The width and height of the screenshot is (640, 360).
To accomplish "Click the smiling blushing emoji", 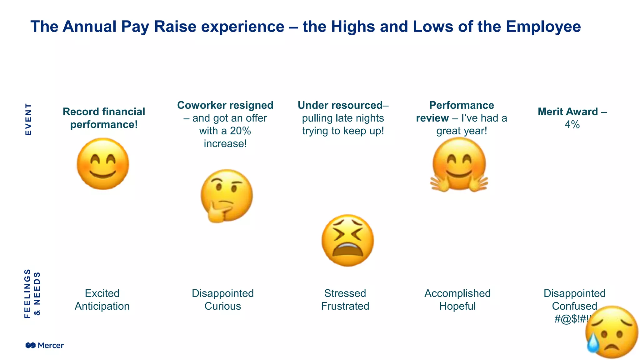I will pyautogui.click(x=103, y=164).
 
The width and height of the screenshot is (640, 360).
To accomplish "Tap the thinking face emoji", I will pyautogui.click(x=227, y=195).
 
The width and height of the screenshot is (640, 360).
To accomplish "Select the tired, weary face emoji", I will pyautogui.click(x=347, y=240).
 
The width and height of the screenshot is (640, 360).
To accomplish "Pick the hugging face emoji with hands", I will pyautogui.click(x=459, y=164).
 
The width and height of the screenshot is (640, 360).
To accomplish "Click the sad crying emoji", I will pyautogui.click(x=612, y=332).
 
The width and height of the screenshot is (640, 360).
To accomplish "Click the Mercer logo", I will pyautogui.click(x=45, y=345).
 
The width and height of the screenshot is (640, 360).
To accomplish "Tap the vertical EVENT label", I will pyautogui.click(x=28, y=119).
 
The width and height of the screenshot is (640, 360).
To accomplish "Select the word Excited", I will pyautogui.click(x=102, y=293).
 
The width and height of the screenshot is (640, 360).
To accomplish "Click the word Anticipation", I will pyautogui.click(x=102, y=306).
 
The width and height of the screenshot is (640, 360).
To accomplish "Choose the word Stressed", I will pyautogui.click(x=345, y=293).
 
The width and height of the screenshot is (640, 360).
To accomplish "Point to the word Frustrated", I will pyautogui.click(x=345, y=306).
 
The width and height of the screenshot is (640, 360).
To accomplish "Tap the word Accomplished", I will pyautogui.click(x=457, y=293).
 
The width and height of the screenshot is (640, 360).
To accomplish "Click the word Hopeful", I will pyautogui.click(x=457, y=306).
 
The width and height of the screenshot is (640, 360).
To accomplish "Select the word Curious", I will pyautogui.click(x=223, y=306).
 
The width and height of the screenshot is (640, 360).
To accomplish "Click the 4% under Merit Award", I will pyautogui.click(x=572, y=125).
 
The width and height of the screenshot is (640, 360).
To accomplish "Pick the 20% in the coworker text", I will pyautogui.click(x=240, y=131).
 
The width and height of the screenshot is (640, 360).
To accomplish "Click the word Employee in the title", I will pyautogui.click(x=543, y=27).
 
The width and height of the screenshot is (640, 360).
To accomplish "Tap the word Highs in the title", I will pyautogui.click(x=353, y=27).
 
